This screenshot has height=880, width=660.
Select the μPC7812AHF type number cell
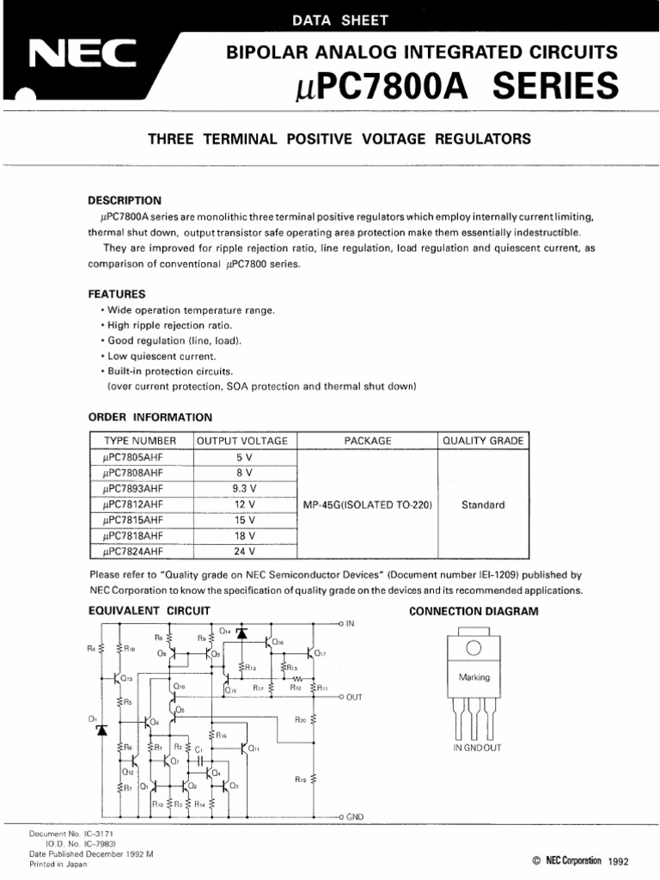pyautogui.click(x=131, y=504)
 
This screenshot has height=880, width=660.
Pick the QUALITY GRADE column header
pyautogui.click(x=482, y=440)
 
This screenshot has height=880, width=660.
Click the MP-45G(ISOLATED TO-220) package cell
pyautogui.click(x=368, y=504)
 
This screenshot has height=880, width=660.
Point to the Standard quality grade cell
pyautogui.click(x=482, y=504)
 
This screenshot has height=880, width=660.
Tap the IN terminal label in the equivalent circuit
pyautogui.click(x=350, y=623)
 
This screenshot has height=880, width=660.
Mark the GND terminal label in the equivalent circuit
pyautogui.click(x=355, y=816)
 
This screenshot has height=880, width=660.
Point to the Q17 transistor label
pyautogui.click(x=320, y=653)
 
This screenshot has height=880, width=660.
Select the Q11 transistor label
pyautogui.click(x=254, y=749)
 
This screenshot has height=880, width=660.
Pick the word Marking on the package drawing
pyautogui.click(x=474, y=677)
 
